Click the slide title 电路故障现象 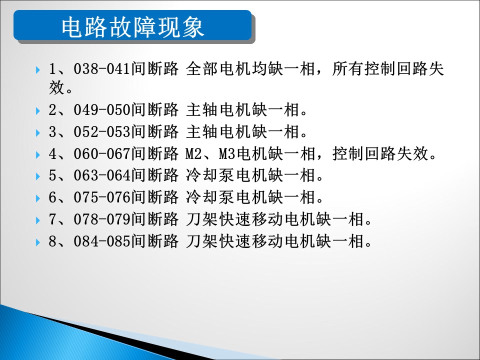133,27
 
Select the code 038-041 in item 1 102,68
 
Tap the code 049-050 102,109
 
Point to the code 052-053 102,131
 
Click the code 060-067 102,153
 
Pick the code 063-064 102,175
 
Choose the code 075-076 102,197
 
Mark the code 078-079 102,219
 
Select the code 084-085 102,241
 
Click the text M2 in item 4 193,153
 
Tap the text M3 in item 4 227,153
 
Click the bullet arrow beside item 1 38,70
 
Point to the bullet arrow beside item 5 38,176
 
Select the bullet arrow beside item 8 38,242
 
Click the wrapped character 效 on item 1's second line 56,87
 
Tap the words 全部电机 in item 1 218,68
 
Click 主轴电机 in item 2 218,109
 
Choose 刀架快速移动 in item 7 234,219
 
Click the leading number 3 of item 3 52,132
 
